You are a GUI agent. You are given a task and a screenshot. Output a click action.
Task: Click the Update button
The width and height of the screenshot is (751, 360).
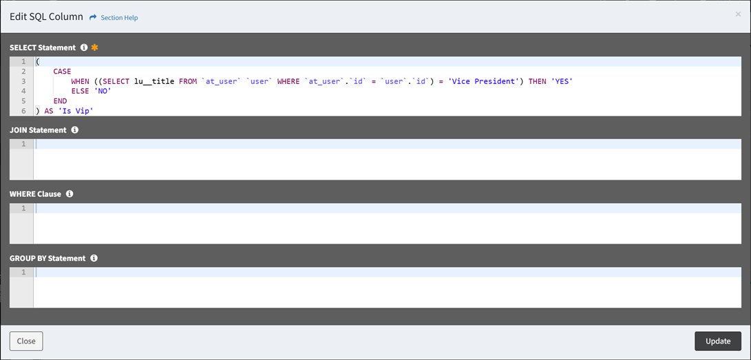(717, 341)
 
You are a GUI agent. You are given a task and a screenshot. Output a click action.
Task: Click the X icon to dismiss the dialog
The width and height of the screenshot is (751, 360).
(738, 14)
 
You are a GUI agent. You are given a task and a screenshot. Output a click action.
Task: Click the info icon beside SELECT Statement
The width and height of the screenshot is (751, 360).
(84, 47)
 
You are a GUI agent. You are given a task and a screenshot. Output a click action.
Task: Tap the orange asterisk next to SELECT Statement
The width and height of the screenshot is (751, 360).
(94, 47)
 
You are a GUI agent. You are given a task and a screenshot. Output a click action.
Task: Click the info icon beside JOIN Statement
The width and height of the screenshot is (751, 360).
(74, 129)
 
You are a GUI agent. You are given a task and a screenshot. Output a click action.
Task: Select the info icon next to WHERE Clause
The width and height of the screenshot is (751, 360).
(70, 194)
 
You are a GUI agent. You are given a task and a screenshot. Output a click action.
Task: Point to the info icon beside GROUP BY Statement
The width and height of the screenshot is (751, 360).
(94, 258)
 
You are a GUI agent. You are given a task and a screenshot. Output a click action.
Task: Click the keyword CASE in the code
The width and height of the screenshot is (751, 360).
(62, 72)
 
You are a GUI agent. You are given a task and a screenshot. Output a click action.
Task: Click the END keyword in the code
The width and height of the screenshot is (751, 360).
(61, 101)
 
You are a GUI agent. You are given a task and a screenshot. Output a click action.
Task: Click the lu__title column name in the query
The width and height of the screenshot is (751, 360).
(154, 81)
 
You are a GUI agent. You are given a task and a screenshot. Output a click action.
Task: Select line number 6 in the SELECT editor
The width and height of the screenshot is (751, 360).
(23, 112)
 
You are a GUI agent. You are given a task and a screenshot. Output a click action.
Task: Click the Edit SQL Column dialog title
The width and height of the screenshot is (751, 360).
(46, 17)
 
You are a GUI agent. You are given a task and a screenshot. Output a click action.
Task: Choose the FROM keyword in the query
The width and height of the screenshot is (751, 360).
(188, 81)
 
